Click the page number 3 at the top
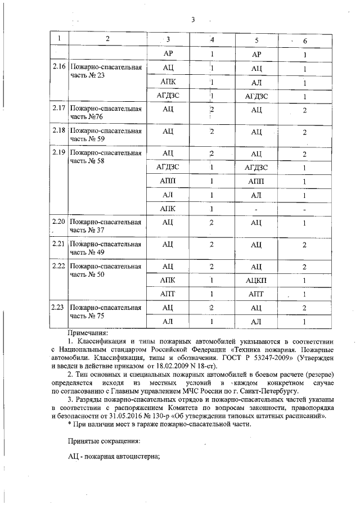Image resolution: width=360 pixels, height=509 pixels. pyautogui.click(x=192, y=20)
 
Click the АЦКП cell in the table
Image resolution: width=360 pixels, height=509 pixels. pyautogui.click(x=256, y=280)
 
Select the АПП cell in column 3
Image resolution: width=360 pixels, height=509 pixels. pyautogui.click(x=168, y=181)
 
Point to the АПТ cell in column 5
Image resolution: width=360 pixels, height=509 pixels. pyautogui.click(x=256, y=294)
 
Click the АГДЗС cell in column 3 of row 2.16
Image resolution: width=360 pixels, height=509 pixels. pyautogui.click(x=168, y=96)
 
